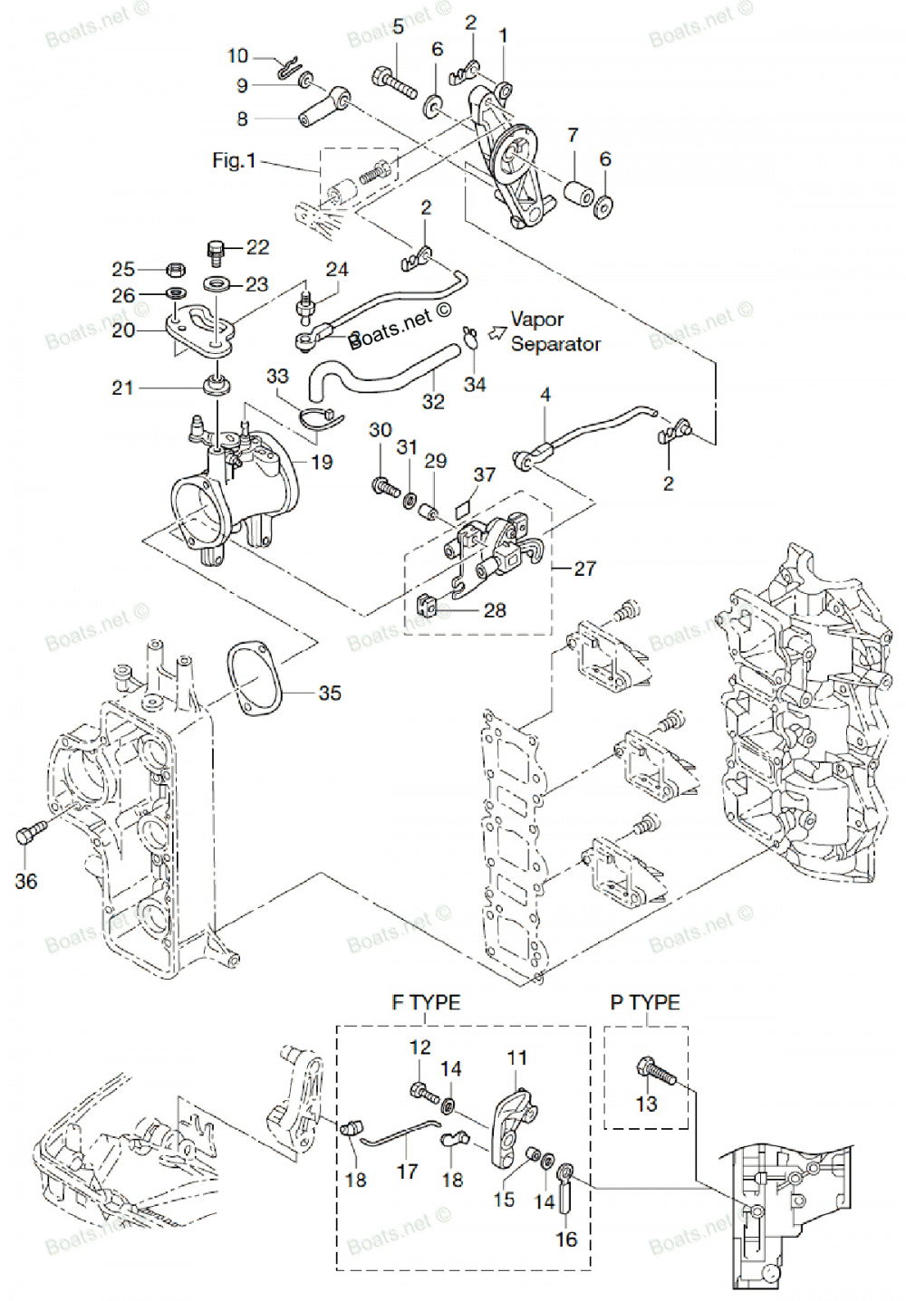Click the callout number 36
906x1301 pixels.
(x=26, y=881)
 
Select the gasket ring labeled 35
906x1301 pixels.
(x=255, y=679)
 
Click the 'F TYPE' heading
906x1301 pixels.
(x=426, y=1002)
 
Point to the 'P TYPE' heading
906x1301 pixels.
(x=645, y=1002)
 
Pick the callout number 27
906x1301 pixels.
(x=585, y=569)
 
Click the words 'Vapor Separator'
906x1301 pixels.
(x=554, y=331)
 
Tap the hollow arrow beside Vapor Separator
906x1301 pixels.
(x=496, y=332)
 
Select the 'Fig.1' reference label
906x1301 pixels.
(x=234, y=160)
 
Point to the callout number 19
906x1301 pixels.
(x=322, y=462)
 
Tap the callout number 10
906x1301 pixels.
(x=237, y=56)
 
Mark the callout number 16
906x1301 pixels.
(x=566, y=1239)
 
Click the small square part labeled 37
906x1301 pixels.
(x=463, y=508)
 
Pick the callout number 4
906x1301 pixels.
(x=545, y=395)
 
